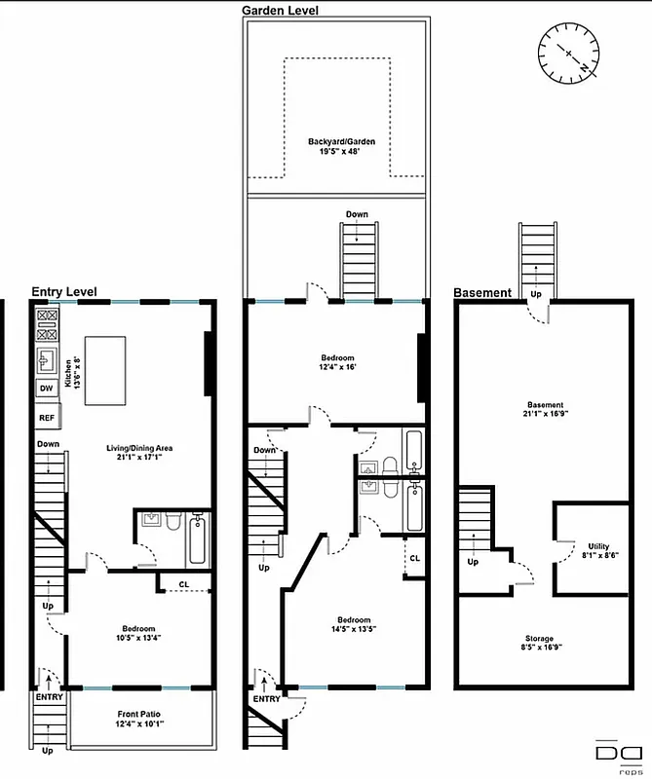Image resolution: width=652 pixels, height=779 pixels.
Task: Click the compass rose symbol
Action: click(x=567, y=53)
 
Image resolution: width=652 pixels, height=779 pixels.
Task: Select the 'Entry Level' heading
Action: click(x=68, y=291)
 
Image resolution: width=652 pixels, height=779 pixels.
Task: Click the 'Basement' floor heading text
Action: click(x=481, y=292)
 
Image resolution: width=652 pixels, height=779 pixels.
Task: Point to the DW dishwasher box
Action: click(x=46, y=389)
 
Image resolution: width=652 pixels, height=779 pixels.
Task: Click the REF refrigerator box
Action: click(x=47, y=417)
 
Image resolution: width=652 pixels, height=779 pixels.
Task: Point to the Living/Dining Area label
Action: click(x=139, y=454)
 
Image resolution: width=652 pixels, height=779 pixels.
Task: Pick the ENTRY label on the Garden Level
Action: click(x=266, y=698)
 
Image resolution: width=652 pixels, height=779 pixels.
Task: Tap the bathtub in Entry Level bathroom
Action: click(x=196, y=540)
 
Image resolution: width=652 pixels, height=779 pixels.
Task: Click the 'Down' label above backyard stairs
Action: click(x=357, y=214)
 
